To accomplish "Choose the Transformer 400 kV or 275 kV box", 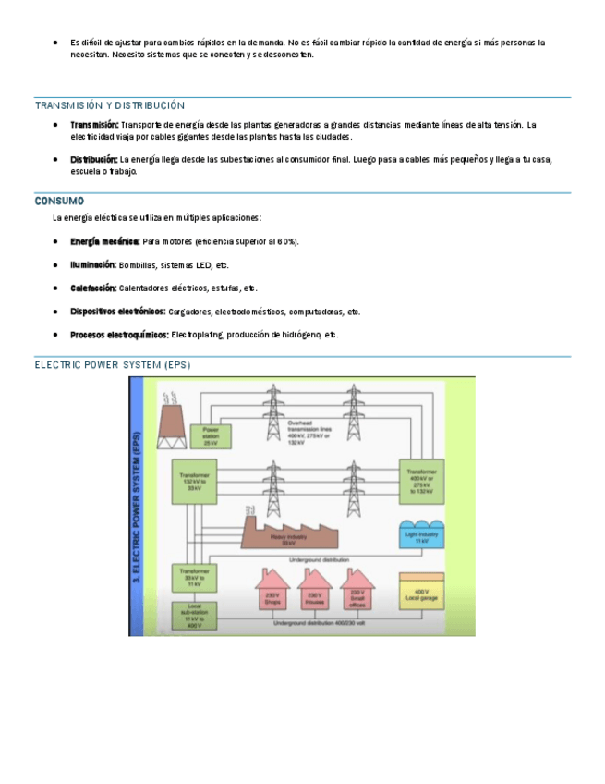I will coord(420,481).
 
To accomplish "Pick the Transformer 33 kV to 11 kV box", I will coord(194,579).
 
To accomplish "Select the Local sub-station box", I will coord(194,614).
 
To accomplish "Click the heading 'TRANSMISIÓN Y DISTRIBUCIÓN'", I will coord(110,105).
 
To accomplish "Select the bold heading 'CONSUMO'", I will coord(59,201).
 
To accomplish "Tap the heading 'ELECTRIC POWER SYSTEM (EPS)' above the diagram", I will coord(112,364).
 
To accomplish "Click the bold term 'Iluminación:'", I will coord(93,264).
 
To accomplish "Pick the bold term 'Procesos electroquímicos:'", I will coord(119,334).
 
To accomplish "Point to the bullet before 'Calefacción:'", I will coord(57,288).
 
